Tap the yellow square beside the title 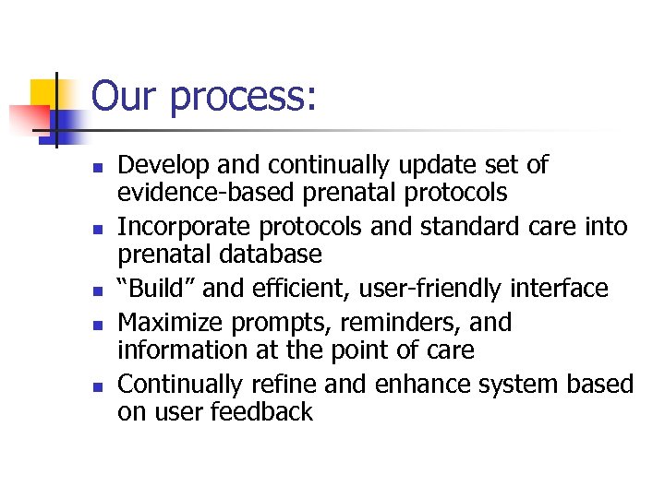pyautogui.click(x=48, y=93)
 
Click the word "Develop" pyautogui.click(x=161, y=166)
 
